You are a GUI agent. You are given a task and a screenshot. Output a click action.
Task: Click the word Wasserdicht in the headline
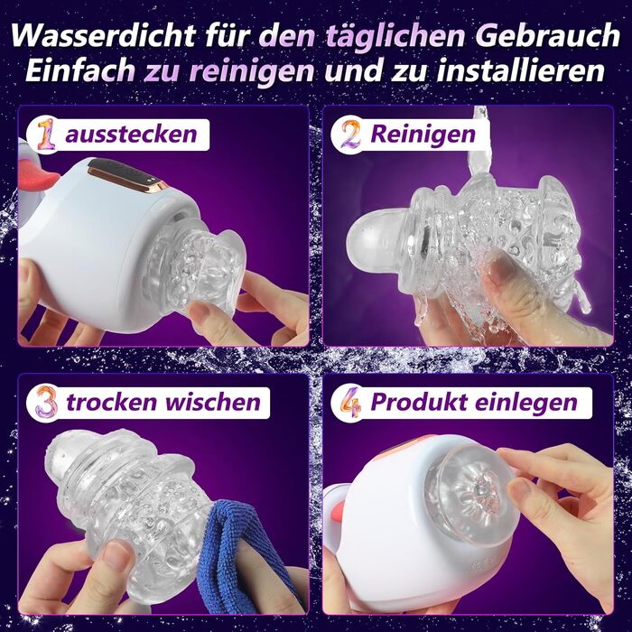coord(104,36)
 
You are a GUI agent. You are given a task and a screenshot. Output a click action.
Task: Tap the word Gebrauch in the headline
coord(548,36)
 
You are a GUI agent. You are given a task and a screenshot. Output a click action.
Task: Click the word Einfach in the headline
coord(79,70)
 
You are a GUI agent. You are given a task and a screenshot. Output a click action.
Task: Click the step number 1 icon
coord(46,135)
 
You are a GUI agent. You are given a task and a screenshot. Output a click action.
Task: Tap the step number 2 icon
coord(350,135)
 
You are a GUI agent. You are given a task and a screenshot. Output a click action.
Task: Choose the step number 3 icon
coord(47,402)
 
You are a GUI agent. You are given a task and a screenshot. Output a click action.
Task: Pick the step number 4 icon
coord(350,402)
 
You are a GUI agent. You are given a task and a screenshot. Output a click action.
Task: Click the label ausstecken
coord(131,135)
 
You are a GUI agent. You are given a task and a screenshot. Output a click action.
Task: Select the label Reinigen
coord(423,135)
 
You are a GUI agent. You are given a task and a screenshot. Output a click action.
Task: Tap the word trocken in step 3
coord(111,403)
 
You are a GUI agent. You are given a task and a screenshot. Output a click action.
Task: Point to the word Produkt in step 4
coord(418,402)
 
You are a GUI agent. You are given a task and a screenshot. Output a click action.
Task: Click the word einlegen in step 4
coord(526,403)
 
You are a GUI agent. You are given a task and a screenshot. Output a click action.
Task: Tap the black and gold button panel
coord(125,174)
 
